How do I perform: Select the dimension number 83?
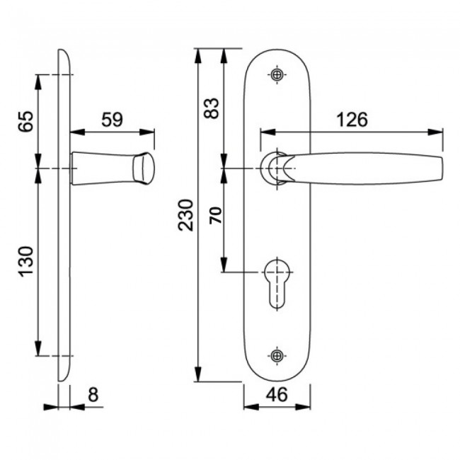[211, 108]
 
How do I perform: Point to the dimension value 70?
[215, 216]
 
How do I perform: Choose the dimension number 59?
[112, 119]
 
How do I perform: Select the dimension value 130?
[25, 261]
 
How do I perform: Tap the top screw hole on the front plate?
[277, 74]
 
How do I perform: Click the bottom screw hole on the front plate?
[277, 355]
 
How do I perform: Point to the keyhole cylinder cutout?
[277, 280]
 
